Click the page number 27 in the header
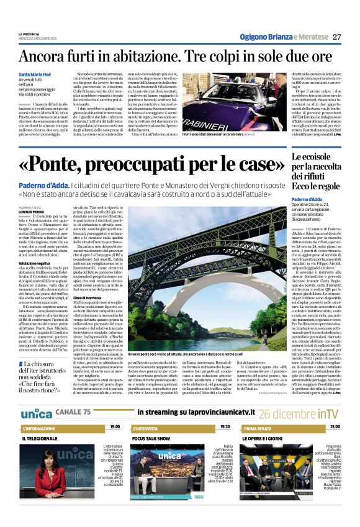[x=336, y=37]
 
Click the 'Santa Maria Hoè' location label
[x=40, y=74]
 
